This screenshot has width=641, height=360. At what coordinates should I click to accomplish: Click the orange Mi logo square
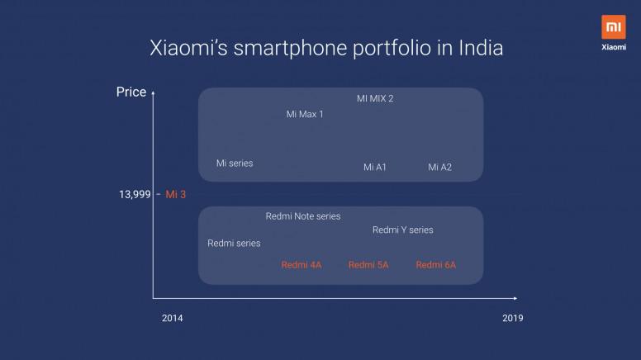pos(613,27)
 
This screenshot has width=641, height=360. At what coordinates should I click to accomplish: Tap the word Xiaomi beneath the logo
pos(613,47)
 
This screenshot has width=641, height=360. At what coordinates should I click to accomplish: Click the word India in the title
pos(481,48)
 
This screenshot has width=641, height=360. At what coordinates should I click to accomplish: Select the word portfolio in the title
pos(392,49)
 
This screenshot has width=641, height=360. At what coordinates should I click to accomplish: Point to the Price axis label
pos(131,92)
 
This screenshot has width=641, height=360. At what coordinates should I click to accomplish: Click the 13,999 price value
pos(135,195)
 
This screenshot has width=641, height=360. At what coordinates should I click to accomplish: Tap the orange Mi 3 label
pos(175,195)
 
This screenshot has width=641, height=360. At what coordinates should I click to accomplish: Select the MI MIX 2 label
pos(375,98)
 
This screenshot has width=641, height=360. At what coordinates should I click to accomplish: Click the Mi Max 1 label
pos(305,115)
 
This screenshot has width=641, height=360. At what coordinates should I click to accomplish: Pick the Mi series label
pos(235,163)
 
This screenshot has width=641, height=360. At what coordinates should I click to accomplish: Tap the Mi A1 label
pos(375,167)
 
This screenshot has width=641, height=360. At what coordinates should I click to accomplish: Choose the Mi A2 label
pos(440,167)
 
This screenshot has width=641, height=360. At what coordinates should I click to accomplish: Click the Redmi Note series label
pos(303,216)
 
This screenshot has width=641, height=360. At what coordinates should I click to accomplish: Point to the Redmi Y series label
pos(402,230)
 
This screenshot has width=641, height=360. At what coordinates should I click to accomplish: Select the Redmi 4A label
pos(302,265)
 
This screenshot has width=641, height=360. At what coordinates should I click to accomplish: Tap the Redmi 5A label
pos(368,265)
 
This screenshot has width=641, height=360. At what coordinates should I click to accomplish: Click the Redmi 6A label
pos(436,265)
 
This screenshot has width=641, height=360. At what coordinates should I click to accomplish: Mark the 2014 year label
pos(172,319)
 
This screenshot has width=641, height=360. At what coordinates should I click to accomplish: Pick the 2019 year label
pos(513,319)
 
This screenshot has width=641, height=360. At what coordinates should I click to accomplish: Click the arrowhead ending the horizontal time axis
pos(515,298)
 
